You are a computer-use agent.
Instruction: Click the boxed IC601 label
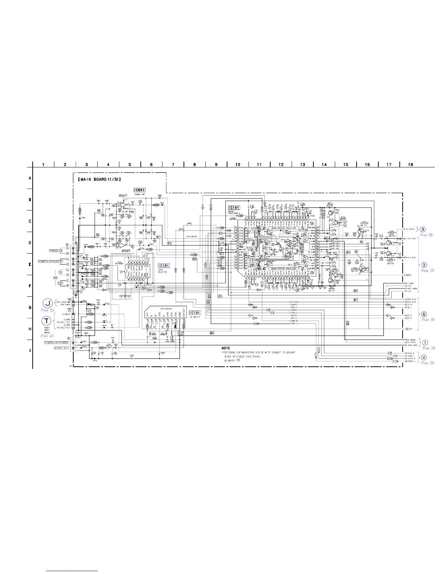tap(140, 190)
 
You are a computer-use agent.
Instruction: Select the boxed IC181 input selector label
tap(164, 266)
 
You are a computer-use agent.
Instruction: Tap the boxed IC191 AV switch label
tap(194, 312)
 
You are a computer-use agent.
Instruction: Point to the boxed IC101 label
tap(234, 197)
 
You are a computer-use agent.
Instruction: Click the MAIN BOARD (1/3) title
tap(99, 179)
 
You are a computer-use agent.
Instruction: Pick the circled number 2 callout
tap(424, 265)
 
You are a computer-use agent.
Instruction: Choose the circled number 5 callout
tap(424, 314)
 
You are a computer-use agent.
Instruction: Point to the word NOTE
tap(226, 348)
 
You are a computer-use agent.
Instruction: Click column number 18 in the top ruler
tap(410, 165)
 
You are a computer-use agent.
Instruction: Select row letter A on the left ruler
tap(30, 178)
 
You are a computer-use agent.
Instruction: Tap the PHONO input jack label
tap(56, 250)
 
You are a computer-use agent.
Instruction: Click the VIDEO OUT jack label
tap(62, 348)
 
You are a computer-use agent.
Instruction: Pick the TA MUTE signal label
tap(410, 229)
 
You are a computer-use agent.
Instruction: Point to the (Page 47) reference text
tap(47, 336)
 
